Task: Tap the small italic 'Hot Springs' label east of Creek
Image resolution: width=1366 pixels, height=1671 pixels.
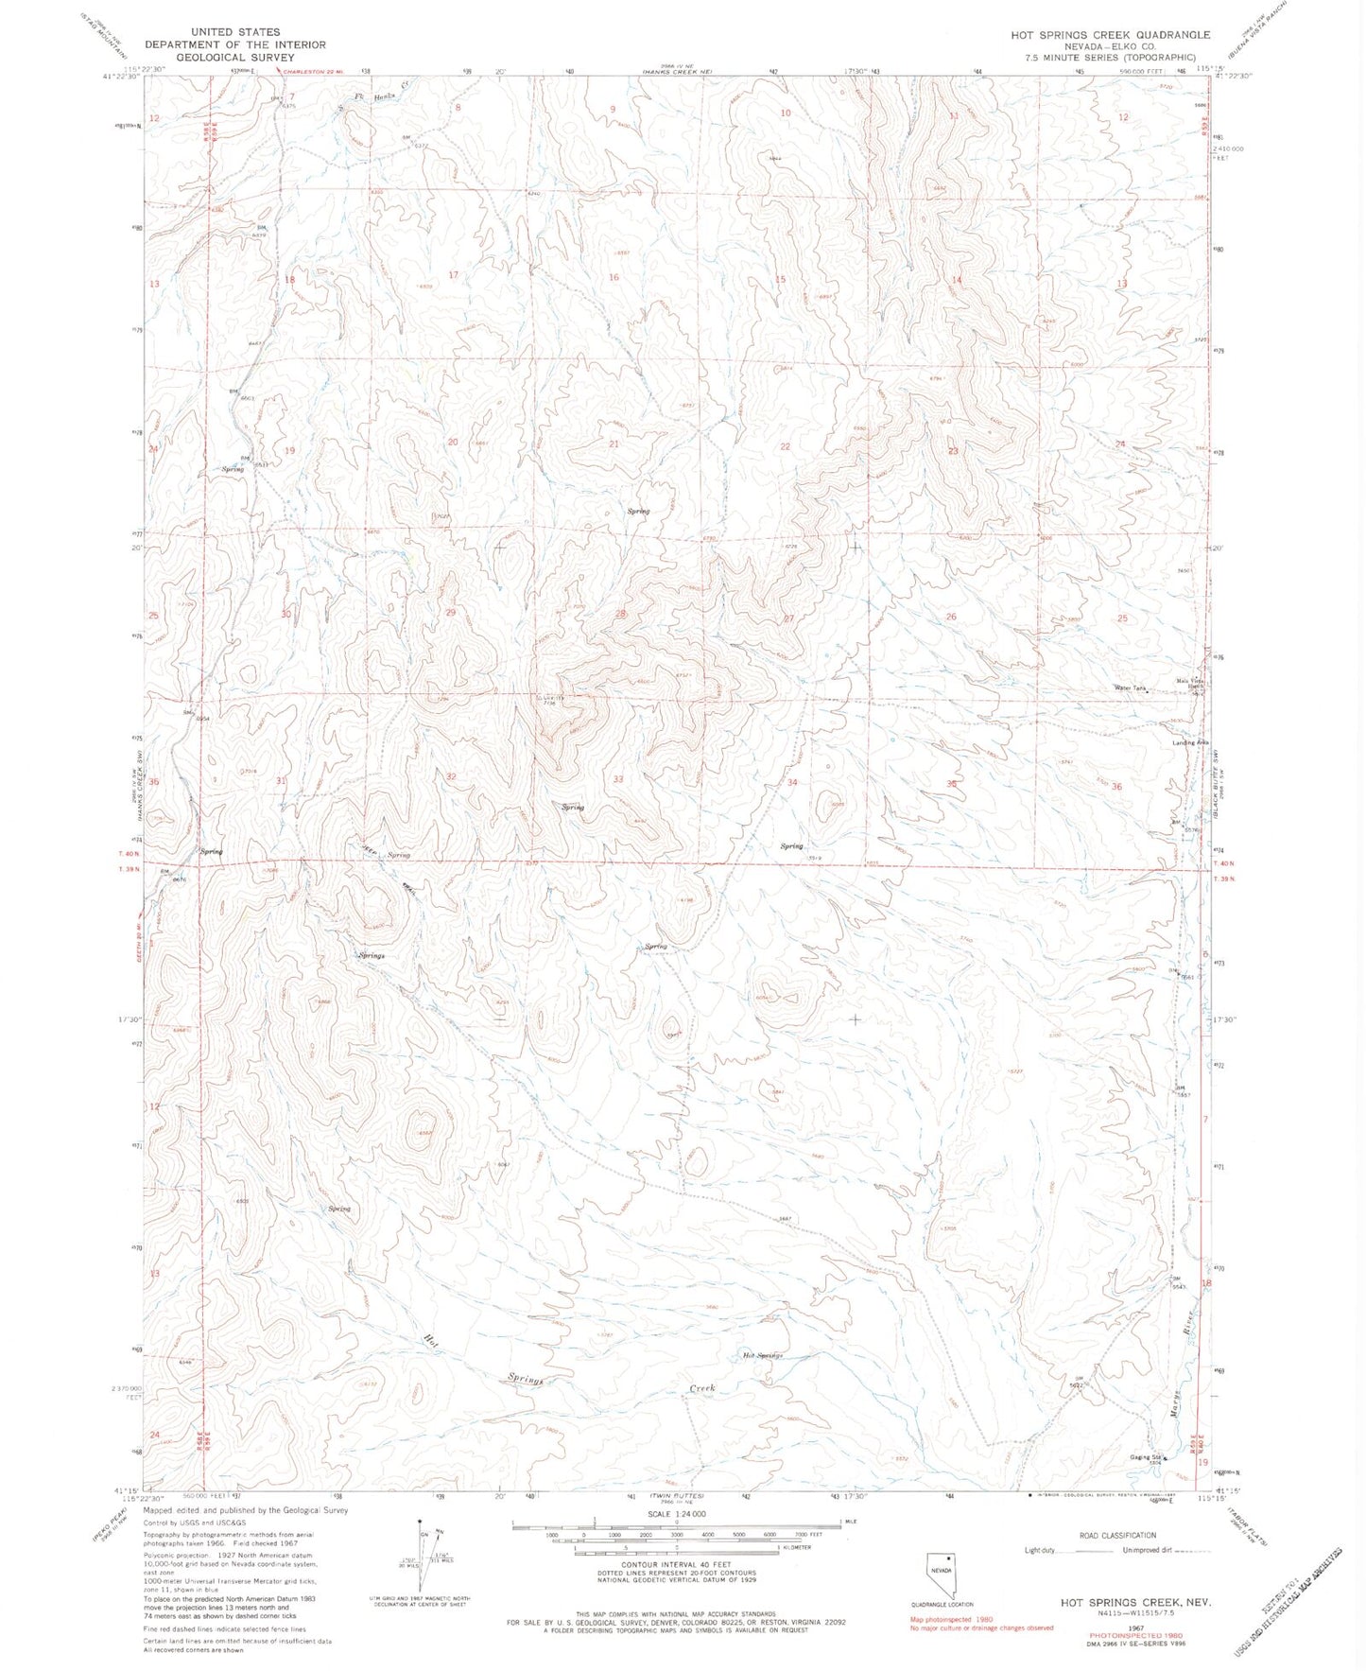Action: coord(763,1355)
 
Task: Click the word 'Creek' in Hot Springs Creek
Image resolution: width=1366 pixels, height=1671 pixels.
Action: coord(700,1388)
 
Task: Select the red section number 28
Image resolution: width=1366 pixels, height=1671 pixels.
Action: coord(621,615)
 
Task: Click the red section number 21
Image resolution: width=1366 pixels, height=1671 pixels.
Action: coord(614,444)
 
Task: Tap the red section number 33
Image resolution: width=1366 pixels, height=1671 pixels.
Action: coord(618,779)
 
